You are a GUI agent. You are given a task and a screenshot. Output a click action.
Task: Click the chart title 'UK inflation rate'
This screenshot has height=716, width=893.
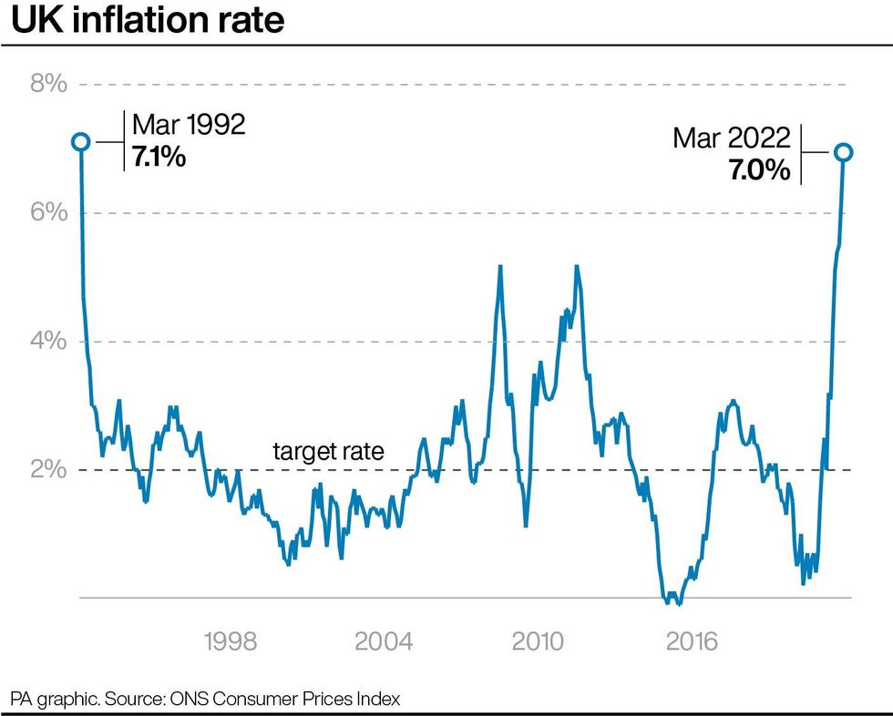pyautogui.click(x=148, y=21)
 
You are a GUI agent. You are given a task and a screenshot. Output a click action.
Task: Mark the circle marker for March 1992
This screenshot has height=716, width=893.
pyautogui.click(x=80, y=141)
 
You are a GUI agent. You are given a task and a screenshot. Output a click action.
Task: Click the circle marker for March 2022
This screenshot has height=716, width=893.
pyautogui.click(x=844, y=152)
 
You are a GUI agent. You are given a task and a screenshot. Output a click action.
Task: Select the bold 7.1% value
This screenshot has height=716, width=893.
pyautogui.click(x=159, y=157)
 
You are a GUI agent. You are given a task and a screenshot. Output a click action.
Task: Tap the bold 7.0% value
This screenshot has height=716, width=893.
pyautogui.click(x=759, y=169)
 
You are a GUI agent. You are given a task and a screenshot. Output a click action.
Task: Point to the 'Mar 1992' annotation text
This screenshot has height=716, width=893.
pyautogui.click(x=189, y=125)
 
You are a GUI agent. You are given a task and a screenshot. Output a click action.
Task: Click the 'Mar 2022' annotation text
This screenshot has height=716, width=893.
pyautogui.click(x=731, y=138)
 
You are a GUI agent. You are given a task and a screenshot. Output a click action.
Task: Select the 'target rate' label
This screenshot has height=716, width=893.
pyautogui.click(x=328, y=451)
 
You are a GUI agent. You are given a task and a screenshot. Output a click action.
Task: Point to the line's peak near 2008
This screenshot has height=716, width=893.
pyautogui.click(x=500, y=266)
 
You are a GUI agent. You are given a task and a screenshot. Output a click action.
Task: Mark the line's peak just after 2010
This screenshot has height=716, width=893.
pyautogui.click(x=576, y=266)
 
